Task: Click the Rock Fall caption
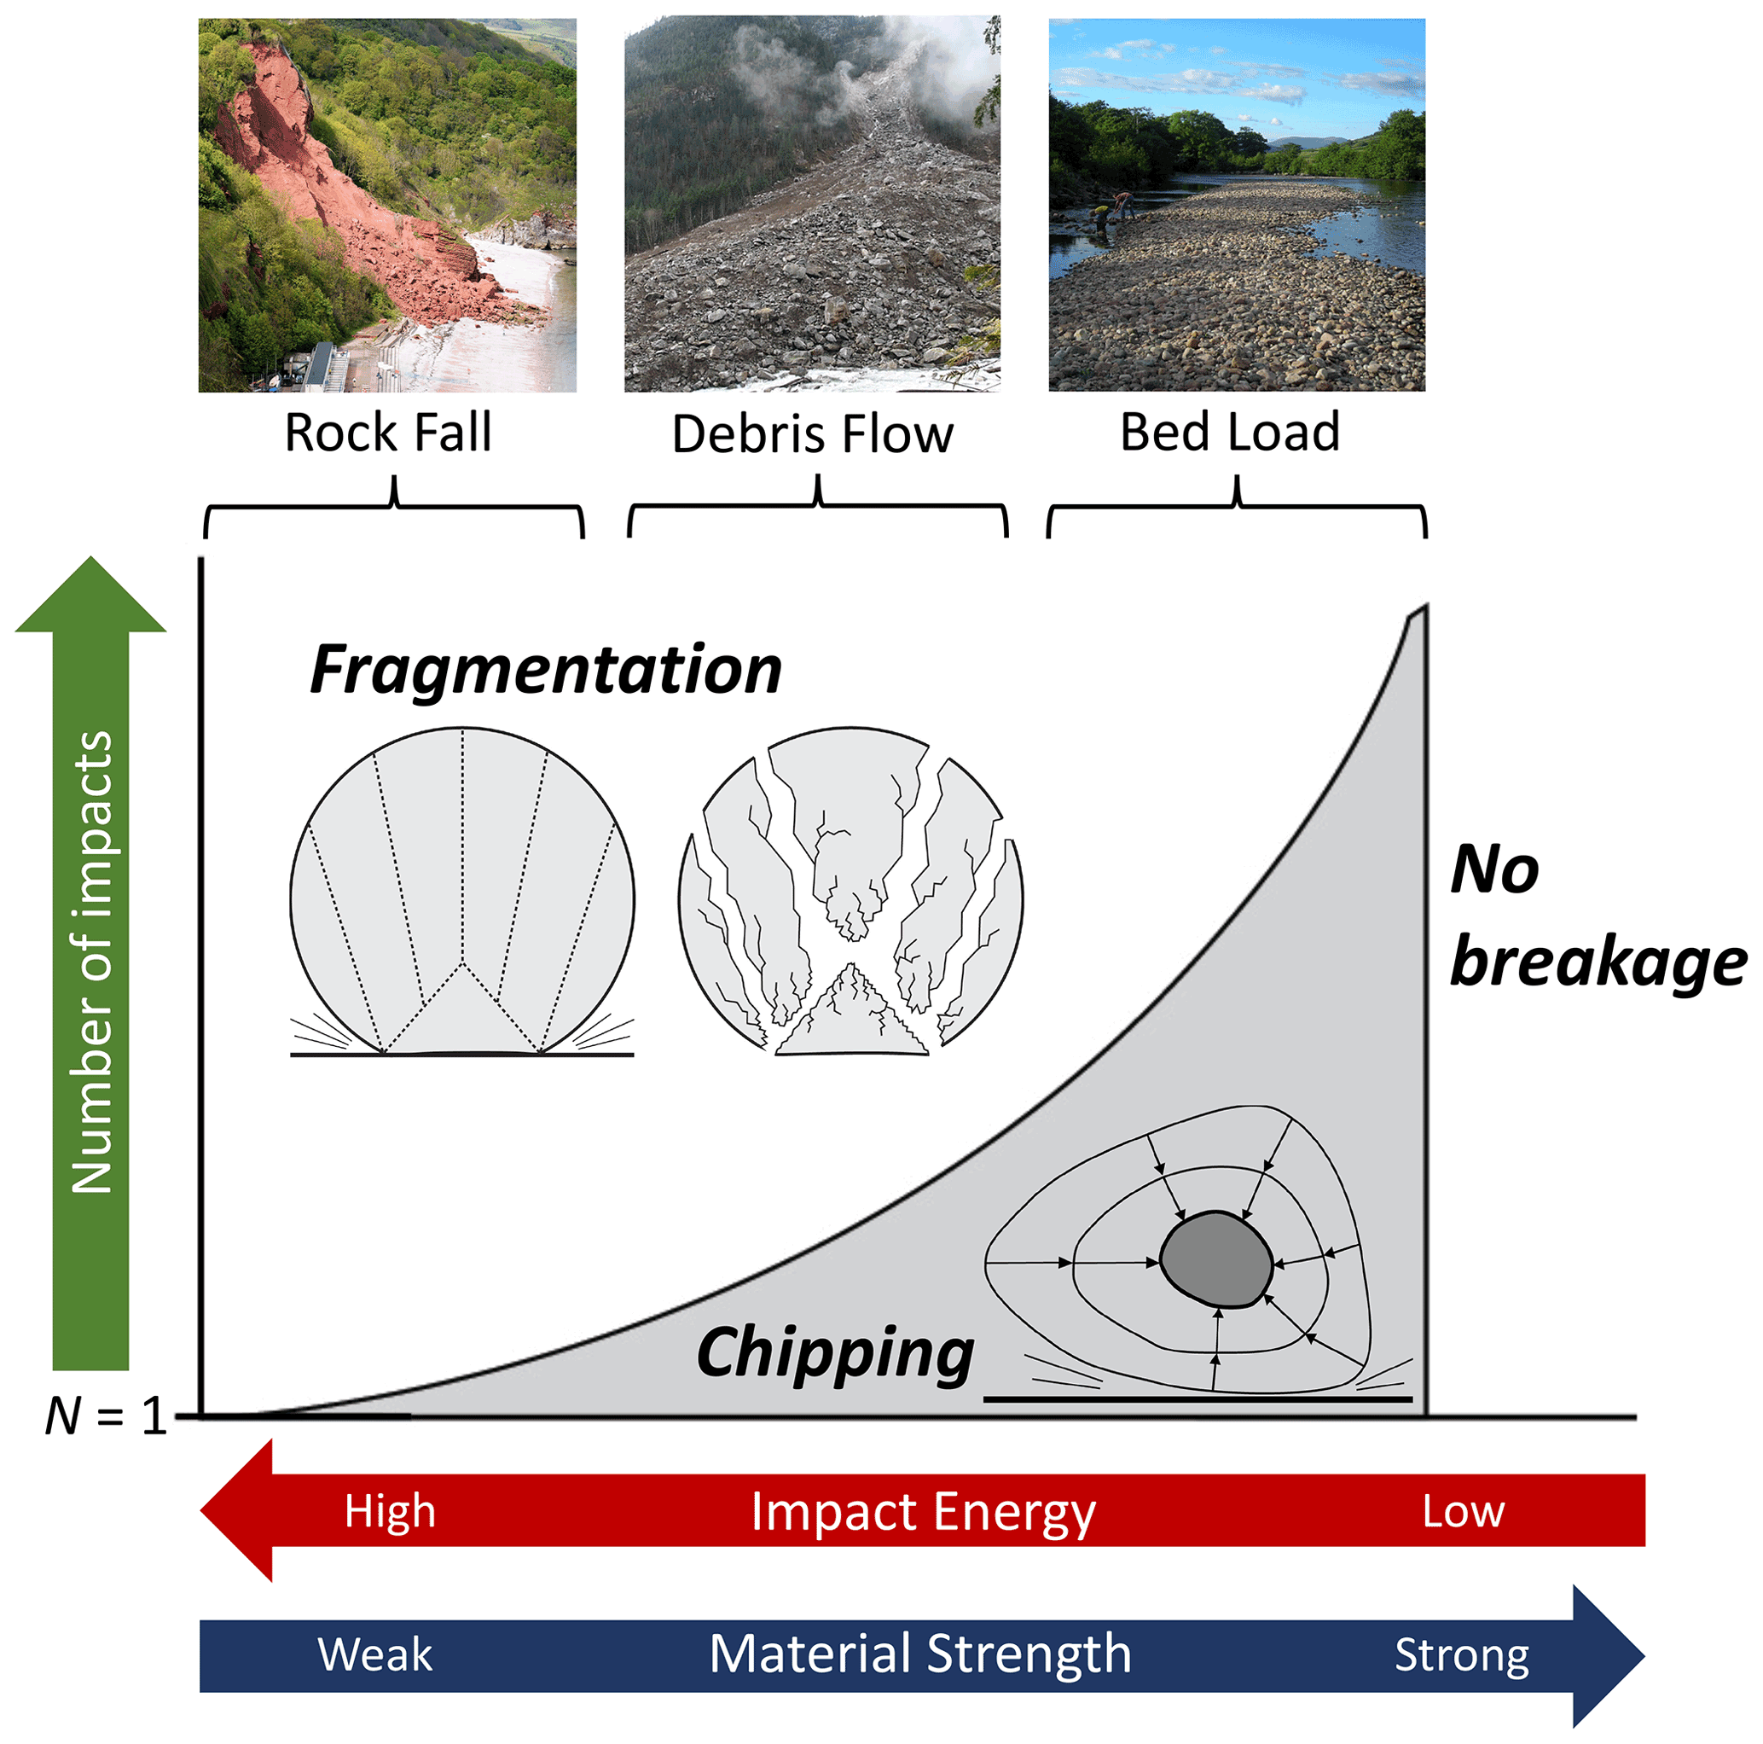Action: tap(388, 433)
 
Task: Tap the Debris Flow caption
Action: tap(812, 434)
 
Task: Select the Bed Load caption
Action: tap(1229, 433)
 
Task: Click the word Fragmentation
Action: tap(546, 671)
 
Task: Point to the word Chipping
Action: tap(835, 1353)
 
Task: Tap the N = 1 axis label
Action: tap(106, 1417)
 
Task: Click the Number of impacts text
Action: tap(91, 962)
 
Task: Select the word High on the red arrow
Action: tap(390, 1511)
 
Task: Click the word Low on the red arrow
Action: tap(1463, 1512)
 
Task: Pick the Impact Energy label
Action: tap(923, 1512)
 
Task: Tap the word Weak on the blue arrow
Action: tap(375, 1654)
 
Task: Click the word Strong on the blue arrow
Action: tap(1462, 1655)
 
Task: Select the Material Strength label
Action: tap(919, 1654)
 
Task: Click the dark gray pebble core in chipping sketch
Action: tap(1216, 1260)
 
